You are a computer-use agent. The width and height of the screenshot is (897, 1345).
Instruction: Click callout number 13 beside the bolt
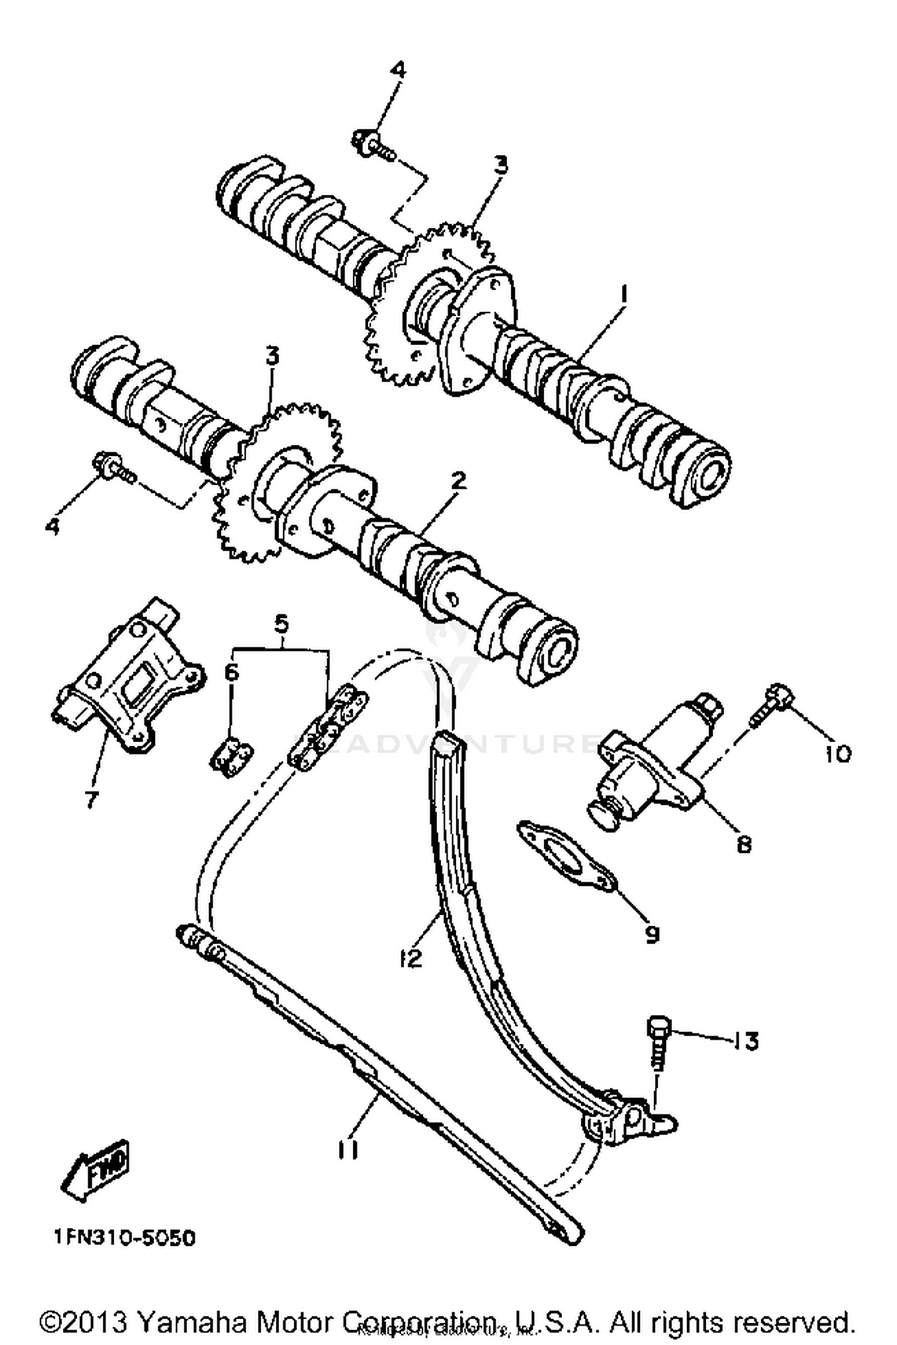coord(745,1041)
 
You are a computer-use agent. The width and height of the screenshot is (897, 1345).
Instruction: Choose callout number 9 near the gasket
coord(652,934)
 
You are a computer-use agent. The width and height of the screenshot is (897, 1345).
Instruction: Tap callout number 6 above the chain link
coord(231,672)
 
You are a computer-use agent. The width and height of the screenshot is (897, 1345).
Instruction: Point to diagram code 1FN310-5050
coord(125,1237)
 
